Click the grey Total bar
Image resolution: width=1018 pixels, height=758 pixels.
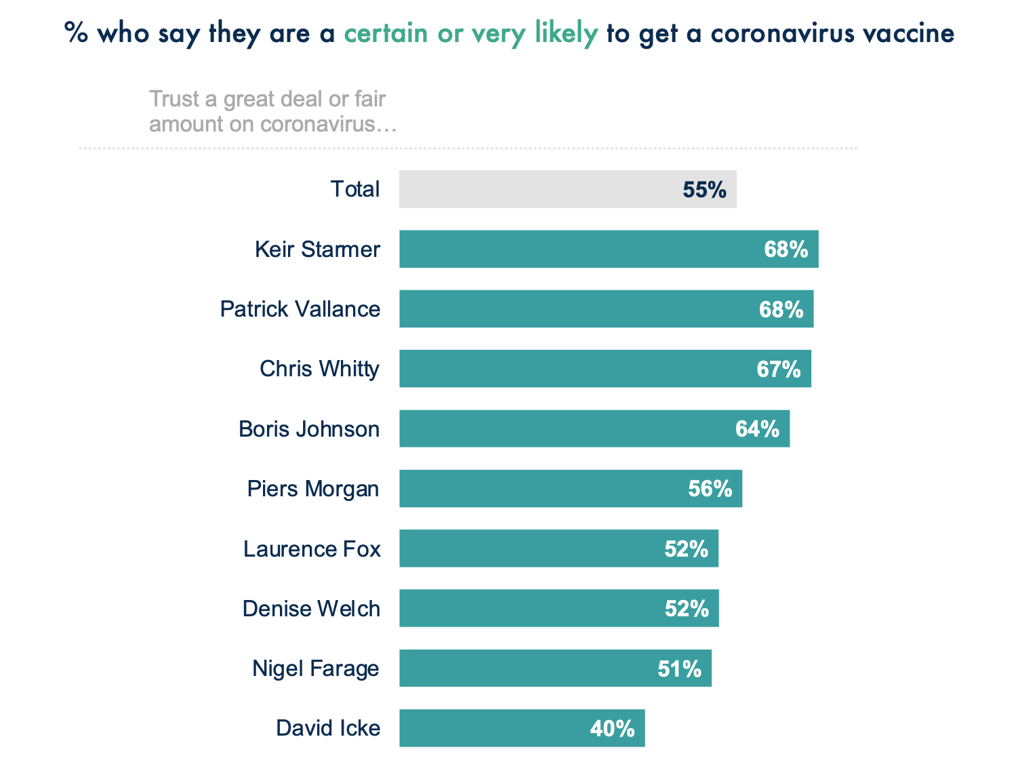[542, 189]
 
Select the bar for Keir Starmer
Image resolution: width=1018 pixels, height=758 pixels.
[576, 249]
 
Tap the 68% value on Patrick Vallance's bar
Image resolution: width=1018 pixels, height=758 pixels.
[781, 309]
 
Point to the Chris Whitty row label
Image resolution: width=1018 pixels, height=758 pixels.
[319, 369]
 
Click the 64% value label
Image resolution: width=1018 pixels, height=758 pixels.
[757, 428]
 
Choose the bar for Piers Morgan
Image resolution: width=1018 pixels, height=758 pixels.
[542, 488]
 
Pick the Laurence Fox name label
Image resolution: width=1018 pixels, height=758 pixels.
[312, 548]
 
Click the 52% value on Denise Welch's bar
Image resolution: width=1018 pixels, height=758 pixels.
[687, 608]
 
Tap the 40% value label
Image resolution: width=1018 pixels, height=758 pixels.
[612, 728]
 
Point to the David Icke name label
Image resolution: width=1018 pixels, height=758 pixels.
[328, 728]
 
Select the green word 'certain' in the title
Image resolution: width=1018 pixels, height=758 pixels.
[386, 33]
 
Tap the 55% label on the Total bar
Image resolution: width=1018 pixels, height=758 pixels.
[704, 190]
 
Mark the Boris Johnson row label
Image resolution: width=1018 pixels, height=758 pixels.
[309, 428]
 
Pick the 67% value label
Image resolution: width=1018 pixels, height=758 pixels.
[778, 369]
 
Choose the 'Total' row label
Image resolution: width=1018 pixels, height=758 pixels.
[354, 189]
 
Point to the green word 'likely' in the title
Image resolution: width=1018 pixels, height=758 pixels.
[566, 33]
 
